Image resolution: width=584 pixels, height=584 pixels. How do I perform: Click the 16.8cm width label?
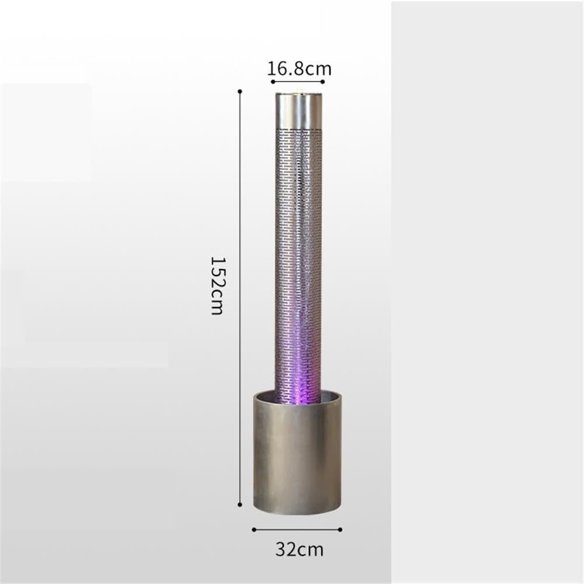coord(299,69)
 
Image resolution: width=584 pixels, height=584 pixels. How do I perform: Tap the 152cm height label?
coord(217,285)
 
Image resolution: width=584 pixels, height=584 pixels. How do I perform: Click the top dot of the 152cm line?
coord(240,91)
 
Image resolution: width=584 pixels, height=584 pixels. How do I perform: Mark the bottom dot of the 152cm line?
coord(240,503)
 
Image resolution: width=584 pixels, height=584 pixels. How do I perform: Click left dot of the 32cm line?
coord(253,530)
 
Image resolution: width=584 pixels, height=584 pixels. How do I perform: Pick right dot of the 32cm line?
coord(341,530)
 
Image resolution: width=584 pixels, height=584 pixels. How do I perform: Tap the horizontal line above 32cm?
coord(297,530)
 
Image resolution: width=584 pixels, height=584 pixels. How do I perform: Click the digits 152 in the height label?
coord(217,274)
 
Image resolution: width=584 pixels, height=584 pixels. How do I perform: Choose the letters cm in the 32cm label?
coord(311,550)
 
